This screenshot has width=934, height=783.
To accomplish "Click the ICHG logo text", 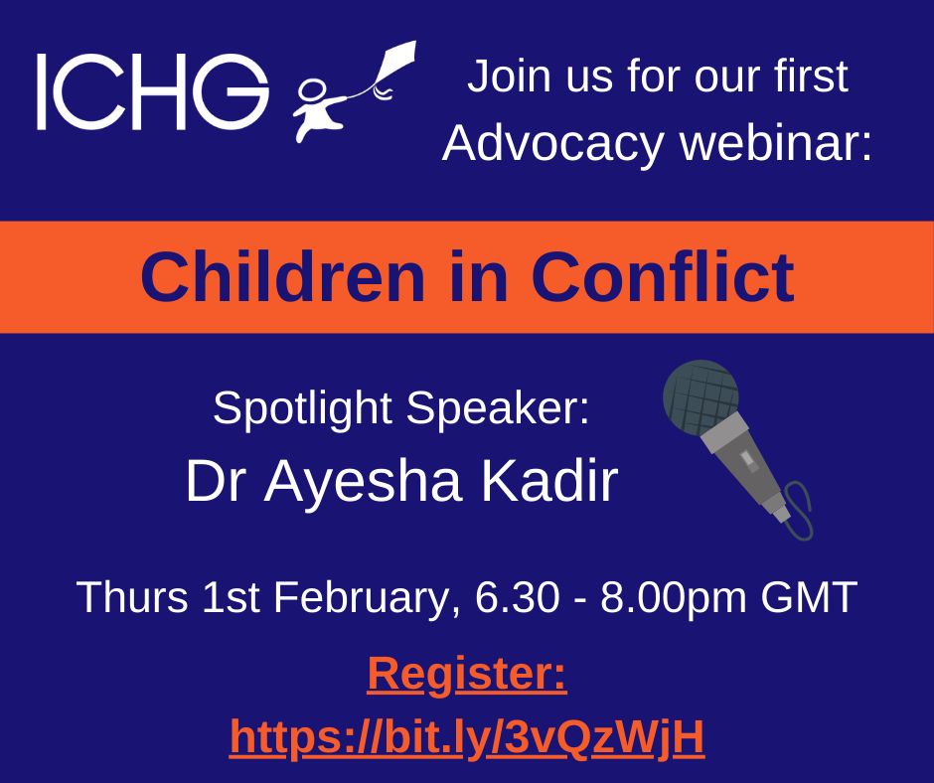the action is tap(153, 91).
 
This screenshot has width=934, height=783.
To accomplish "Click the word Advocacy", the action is tap(552, 143).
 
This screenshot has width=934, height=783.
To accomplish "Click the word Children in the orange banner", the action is tap(283, 276).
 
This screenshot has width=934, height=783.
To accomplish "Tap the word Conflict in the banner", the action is tap(663, 276).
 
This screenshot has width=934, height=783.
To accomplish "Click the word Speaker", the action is tap(498, 407).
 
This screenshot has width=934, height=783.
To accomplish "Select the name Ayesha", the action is tap(363, 483).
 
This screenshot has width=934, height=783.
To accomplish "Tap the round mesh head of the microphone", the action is tap(700, 396).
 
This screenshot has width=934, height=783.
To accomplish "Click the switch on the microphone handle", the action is tap(748, 461).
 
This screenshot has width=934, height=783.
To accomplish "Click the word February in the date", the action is tap(360, 597).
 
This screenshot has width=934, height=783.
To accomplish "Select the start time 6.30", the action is tap(517, 596).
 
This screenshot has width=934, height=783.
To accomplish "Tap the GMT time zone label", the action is tap(809, 596).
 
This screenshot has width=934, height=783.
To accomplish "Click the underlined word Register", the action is tap(466, 675).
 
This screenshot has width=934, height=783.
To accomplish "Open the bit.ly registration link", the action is tap(467, 738).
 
